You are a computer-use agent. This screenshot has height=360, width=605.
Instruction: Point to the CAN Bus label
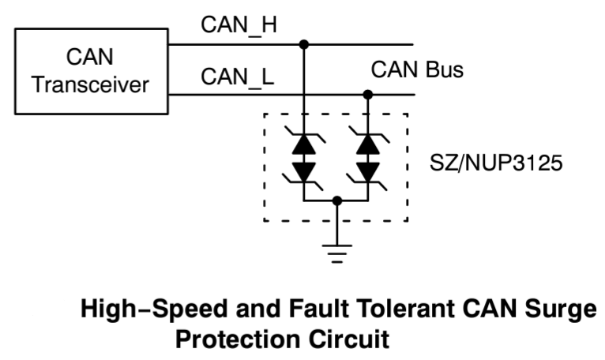(x=418, y=70)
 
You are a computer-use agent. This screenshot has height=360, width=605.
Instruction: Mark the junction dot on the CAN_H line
(x=304, y=45)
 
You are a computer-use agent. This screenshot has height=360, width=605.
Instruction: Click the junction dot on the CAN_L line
(x=367, y=95)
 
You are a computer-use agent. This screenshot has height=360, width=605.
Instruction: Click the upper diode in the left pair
(x=304, y=144)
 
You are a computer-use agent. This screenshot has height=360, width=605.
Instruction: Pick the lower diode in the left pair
(x=304, y=170)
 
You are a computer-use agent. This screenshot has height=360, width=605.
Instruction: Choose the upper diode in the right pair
(x=367, y=144)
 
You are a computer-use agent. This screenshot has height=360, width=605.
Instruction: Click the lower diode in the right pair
(x=367, y=170)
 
